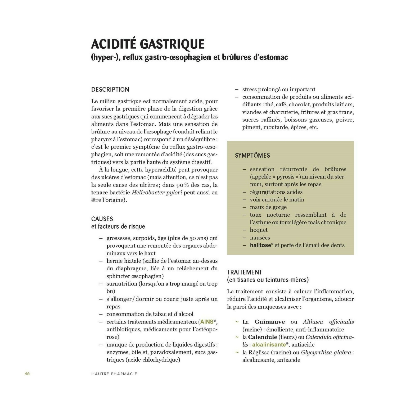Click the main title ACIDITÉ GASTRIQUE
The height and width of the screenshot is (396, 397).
(x=148, y=44)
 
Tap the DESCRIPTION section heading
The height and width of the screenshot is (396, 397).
(x=110, y=90)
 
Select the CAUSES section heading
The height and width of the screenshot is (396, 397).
(x=102, y=219)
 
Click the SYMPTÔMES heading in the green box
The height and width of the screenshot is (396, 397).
(x=252, y=156)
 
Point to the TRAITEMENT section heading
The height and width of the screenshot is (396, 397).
(x=244, y=272)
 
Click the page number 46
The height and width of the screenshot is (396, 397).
(x=27, y=374)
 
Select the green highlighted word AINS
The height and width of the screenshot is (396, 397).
(x=207, y=322)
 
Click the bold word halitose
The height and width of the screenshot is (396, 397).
(x=260, y=245)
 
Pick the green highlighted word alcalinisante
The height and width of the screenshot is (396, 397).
(x=269, y=345)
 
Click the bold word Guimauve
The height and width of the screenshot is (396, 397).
(x=270, y=322)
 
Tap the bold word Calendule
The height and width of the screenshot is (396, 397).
(x=263, y=337)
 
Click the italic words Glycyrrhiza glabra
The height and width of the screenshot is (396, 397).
(x=326, y=353)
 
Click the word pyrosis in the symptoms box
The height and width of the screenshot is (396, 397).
(x=285, y=177)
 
